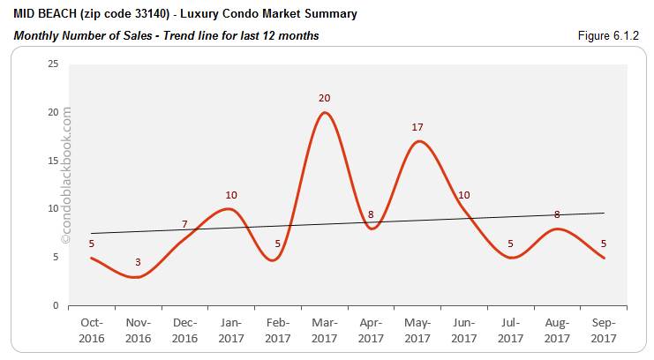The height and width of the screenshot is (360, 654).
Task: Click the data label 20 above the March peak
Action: pos(326,98)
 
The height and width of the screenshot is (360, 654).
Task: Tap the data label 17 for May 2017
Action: pos(417,128)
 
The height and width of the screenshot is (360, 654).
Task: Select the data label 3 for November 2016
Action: pos(137,263)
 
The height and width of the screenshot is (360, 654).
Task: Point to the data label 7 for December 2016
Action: pos(184,225)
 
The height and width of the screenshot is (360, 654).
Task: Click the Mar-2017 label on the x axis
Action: pos(326,331)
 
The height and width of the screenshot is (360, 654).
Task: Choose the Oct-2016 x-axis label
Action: pos(92,331)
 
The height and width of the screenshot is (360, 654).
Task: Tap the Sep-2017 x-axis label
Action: pos(605,331)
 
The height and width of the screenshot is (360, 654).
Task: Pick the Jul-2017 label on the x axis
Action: pos(511,331)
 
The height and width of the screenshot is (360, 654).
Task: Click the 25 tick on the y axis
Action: pos(53,64)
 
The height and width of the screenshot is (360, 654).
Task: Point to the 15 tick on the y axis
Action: pos(53,161)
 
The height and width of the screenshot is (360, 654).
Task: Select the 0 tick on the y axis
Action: pos(56,305)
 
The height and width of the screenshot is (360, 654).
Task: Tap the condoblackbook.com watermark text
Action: pos(66,176)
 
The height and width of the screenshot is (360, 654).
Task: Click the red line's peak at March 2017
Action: pos(326,112)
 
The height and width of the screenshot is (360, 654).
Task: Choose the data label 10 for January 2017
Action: pos(231,195)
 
